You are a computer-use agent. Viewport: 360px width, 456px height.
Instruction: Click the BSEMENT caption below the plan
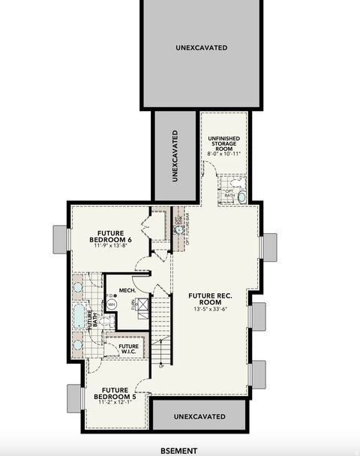179,451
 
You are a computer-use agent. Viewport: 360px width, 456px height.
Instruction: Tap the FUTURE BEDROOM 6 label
114,235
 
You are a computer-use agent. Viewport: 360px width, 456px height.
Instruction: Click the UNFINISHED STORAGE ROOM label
224,143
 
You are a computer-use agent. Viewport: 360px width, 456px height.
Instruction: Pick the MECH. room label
116,289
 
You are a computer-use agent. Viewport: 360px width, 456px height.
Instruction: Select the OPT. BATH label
229,193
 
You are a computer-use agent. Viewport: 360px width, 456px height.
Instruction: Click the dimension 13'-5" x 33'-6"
209,309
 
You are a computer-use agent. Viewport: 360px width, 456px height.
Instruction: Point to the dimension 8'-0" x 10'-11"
224,154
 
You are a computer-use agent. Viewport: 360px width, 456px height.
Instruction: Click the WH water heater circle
112,304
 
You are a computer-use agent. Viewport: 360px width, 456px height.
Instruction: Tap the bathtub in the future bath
79,316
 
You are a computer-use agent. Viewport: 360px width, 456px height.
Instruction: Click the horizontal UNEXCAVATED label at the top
202,48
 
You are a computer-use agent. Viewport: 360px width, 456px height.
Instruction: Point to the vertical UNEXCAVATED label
175,156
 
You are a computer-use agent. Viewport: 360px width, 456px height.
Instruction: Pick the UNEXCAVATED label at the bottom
199,416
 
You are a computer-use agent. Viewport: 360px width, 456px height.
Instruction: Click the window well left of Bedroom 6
60,240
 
